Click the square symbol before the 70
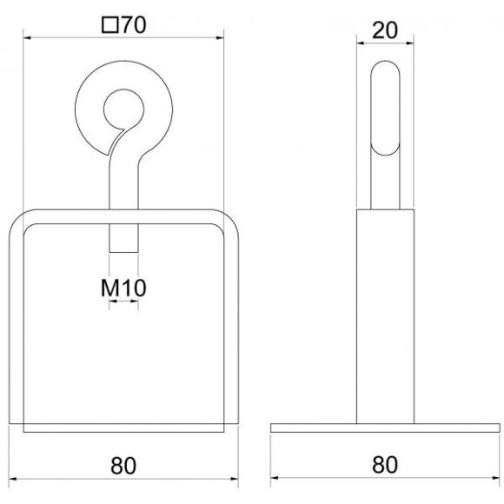click(109, 25)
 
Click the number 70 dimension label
click(134, 25)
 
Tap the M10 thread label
click(123, 288)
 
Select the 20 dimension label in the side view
click(385, 30)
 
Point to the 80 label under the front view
click(123, 466)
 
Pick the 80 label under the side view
click(385, 465)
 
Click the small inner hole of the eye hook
click(123, 109)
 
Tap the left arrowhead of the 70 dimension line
click(27, 38)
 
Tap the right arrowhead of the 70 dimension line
click(220, 38)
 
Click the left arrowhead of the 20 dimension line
click(361, 43)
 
